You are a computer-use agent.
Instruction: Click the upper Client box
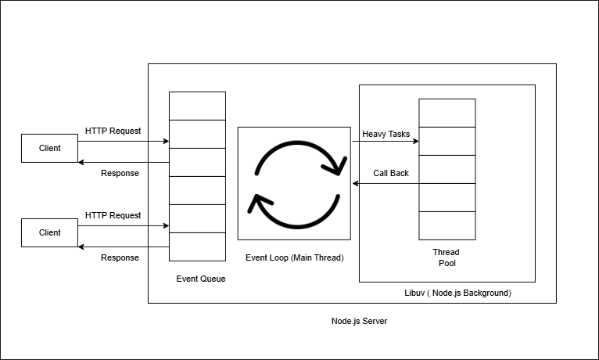[50, 148]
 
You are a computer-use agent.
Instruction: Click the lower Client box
[50, 232]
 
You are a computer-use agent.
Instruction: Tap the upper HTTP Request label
[113, 131]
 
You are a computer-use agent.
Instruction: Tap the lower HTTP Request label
[113, 215]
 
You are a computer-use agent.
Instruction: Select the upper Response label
[120, 173]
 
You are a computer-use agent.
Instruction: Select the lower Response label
[120, 257]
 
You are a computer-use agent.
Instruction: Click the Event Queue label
[201, 279]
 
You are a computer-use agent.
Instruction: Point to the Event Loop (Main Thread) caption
[294, 257]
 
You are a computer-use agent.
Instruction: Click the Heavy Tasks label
[386, 135]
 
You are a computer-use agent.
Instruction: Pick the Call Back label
[390, 173]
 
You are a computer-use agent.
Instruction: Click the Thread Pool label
[446, 257]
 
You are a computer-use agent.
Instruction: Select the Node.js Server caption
[359, 322]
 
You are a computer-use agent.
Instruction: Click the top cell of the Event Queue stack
[197, 106]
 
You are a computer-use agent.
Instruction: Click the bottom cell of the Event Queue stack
[197, 247]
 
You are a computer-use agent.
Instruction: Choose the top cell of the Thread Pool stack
[447, 113]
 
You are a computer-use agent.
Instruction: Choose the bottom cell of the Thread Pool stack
[447, 225]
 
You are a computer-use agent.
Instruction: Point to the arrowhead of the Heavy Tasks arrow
[416, 142]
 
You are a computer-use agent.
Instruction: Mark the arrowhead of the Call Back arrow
[356, 183]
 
